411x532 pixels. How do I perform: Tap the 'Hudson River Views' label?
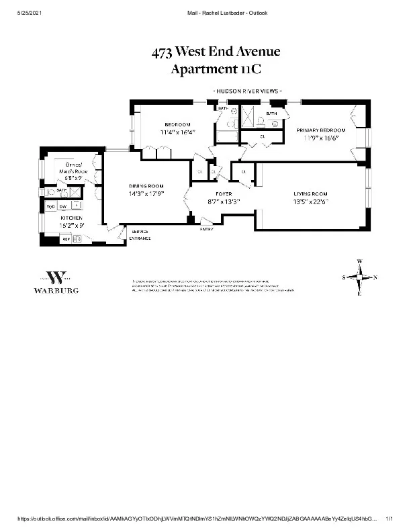[x=247, y=91]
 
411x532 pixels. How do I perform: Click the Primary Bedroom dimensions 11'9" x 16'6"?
[x=320, y=138]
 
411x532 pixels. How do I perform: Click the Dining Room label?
[x=146, y=186]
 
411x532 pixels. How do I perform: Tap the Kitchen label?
[x=71, y=218]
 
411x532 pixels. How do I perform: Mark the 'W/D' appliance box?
[x=50, y=206]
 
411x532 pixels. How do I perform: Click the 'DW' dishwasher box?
[x=62, y=206]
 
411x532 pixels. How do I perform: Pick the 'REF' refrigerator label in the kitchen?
[x=66, y=238]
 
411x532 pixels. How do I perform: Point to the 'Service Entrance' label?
[x=140, y=235]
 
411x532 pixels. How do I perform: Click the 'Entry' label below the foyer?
[x=207, y=229]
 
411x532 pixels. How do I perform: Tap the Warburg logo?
[x=56, y=282]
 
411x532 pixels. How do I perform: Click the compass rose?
[x=360, y=277]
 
